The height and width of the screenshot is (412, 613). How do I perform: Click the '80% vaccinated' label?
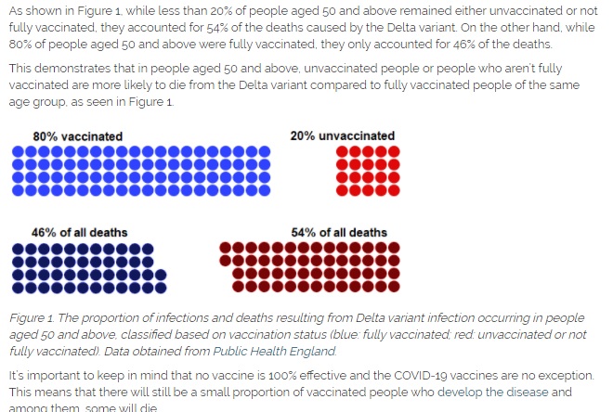77,136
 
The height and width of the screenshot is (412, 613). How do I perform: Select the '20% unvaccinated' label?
342,135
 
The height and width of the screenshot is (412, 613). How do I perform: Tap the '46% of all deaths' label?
80,232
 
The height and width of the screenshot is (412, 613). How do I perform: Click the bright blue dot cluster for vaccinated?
141,170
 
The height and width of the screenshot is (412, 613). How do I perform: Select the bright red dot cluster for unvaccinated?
355,170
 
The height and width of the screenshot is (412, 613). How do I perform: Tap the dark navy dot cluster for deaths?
89,267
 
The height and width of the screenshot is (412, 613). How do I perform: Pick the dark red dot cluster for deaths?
310,267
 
